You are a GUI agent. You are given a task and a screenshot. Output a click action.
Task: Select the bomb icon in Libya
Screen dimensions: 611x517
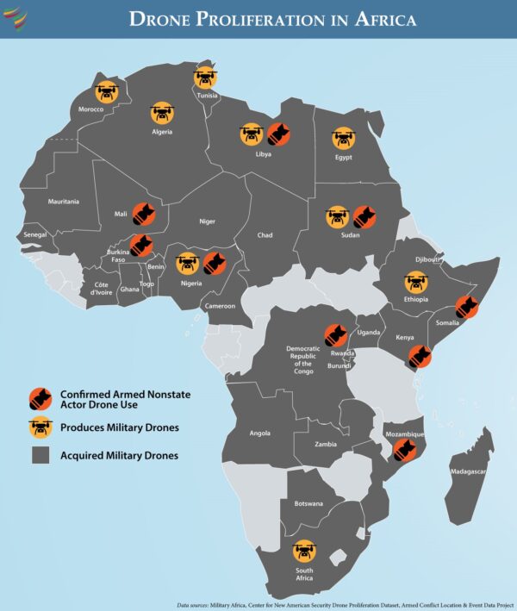277,134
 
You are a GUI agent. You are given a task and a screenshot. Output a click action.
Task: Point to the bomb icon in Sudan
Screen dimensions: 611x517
364,216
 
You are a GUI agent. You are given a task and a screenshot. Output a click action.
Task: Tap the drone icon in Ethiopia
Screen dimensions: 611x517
416,282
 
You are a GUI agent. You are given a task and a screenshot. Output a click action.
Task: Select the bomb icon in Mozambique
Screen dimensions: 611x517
402,451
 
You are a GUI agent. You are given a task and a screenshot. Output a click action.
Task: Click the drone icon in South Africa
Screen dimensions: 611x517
304,552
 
